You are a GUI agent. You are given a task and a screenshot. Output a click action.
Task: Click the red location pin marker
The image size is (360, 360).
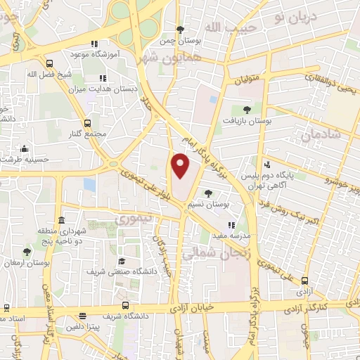click(181, 165)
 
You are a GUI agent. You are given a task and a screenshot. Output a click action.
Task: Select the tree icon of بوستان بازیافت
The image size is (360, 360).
click(247, 109)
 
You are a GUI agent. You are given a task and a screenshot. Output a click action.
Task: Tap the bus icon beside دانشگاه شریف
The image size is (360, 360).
click(125, 305)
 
